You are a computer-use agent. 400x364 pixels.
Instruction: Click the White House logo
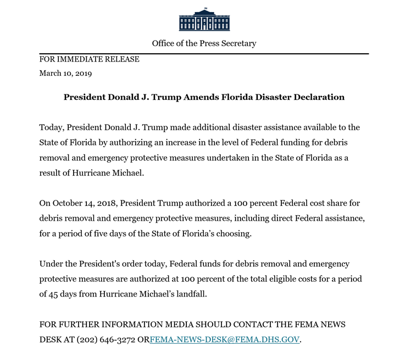tap(204, 20)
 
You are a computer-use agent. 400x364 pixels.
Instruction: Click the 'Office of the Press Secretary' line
tap(204, 43)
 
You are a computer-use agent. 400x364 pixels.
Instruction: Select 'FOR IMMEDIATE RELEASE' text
tap(89, 59)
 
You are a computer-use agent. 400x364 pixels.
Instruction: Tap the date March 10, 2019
tap(65, 73)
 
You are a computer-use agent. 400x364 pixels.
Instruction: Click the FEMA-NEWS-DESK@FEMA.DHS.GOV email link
tap(225, 339)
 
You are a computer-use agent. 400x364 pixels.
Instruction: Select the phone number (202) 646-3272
tap(105, 339)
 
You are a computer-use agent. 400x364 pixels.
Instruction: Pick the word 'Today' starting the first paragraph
tap(51, 127)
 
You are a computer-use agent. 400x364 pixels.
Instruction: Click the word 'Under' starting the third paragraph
tap(51, 264)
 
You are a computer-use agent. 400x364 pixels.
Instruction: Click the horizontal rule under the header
tap(204, 53)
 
